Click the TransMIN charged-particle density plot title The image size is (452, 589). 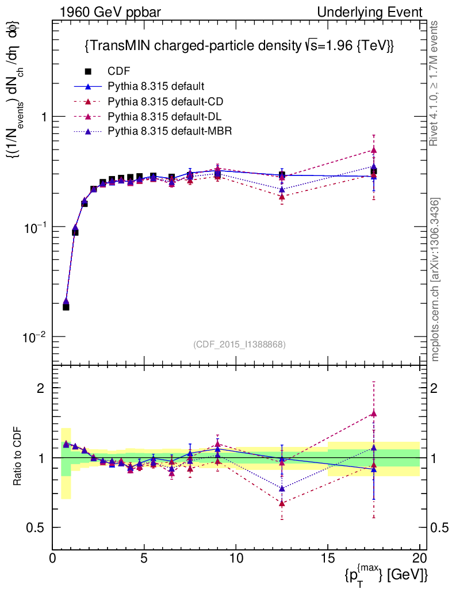239,45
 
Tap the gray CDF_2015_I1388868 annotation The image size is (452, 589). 239,344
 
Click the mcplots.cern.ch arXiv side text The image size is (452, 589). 436,280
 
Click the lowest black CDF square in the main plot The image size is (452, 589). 66,307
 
